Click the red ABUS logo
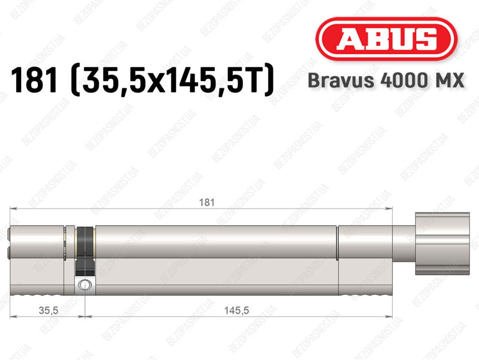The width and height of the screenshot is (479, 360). (x=386, y=39)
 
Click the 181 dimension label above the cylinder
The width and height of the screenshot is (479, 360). (x=207, y=202)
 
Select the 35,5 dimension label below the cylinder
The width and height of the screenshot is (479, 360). (x=49, y=310)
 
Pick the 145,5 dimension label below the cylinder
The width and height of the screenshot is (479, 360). (x=236, y=310)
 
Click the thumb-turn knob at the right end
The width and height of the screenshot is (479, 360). (x=443, y=243)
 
